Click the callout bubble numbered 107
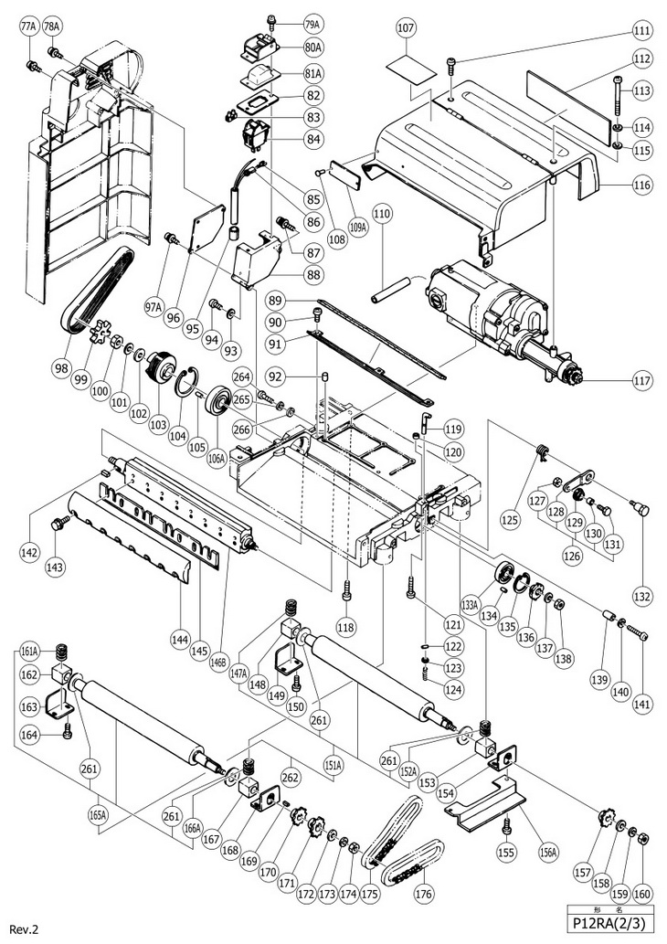click(x=406, y=28)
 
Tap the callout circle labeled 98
click(x=62, y=367)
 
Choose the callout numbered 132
click(x=643, y=596)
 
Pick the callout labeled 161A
click(x=29, y=652)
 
